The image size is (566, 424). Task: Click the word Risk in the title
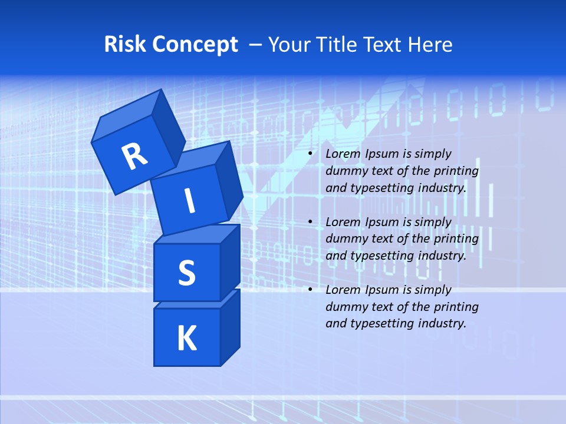pos(126,45)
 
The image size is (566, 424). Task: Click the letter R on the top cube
pos(134,156)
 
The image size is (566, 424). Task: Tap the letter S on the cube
pos(186,273)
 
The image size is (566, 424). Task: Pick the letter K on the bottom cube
pos(186,338)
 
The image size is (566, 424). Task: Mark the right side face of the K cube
pos(230,327)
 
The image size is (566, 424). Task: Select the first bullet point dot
pos(310,154)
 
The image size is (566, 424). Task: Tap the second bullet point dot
pos(310,222)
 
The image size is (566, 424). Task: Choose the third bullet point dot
pos(310,290)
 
